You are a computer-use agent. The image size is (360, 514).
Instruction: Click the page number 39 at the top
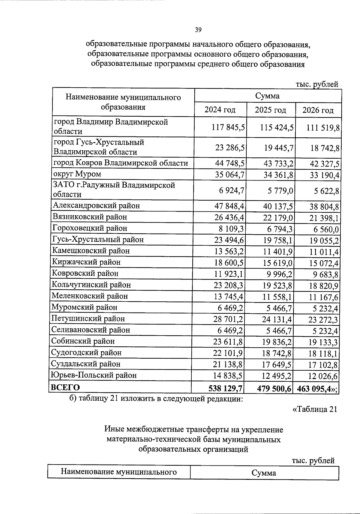[198, 30]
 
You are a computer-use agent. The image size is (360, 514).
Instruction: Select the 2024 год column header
[220, 110]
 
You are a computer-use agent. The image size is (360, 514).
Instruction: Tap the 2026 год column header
[318, 110]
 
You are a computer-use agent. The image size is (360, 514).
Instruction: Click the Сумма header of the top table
[267, 96]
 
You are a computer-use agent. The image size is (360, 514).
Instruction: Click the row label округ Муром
[77, 174]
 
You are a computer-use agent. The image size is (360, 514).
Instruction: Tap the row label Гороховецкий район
[90, 228]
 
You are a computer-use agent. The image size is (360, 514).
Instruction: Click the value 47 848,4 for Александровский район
[229, 206]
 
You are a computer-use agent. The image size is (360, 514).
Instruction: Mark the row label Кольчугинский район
[91, 284]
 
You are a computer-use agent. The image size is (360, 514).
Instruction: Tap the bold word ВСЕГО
[65, 387]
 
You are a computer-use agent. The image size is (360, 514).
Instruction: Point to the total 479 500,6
[274, 389]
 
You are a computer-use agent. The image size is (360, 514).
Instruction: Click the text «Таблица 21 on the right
[314, 409]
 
